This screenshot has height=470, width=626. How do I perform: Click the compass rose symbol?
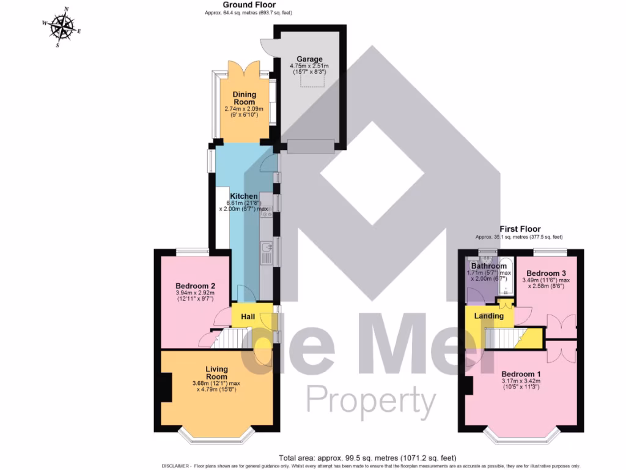tap(62, 28)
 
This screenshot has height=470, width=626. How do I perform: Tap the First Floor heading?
tap(520, 229)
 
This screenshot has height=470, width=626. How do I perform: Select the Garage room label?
tap(309, 59)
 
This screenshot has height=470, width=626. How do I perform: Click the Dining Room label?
tap(244, 99)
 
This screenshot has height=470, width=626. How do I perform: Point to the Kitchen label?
tap(243, 196)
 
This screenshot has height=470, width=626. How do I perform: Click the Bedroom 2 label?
tap(195, 286)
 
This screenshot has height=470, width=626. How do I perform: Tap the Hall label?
tap(248, 317)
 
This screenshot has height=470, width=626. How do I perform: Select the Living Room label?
tap(216, 373)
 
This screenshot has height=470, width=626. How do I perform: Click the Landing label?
tap(489, 316)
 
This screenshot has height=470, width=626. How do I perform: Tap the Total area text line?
tap(367, 458)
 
